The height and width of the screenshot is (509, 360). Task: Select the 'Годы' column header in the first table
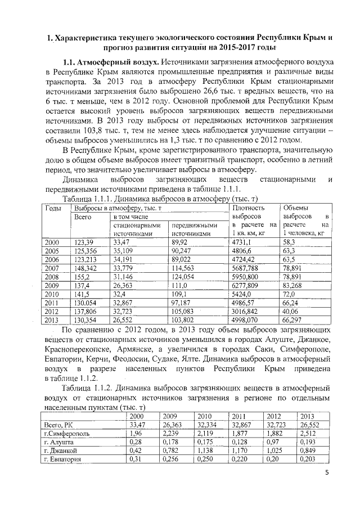pyautogui.click(x=53, y=208)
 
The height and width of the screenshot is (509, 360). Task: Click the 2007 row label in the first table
pyautogui.click(x=52, y=268)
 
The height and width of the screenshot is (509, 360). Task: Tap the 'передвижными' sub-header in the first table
pyautogui.click(x=194, y=225)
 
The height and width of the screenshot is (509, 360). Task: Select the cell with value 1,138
pyautogui.click(x=205, y=451)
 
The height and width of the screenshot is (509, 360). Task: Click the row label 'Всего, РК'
pyautogui.click(x=59, y=425)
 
